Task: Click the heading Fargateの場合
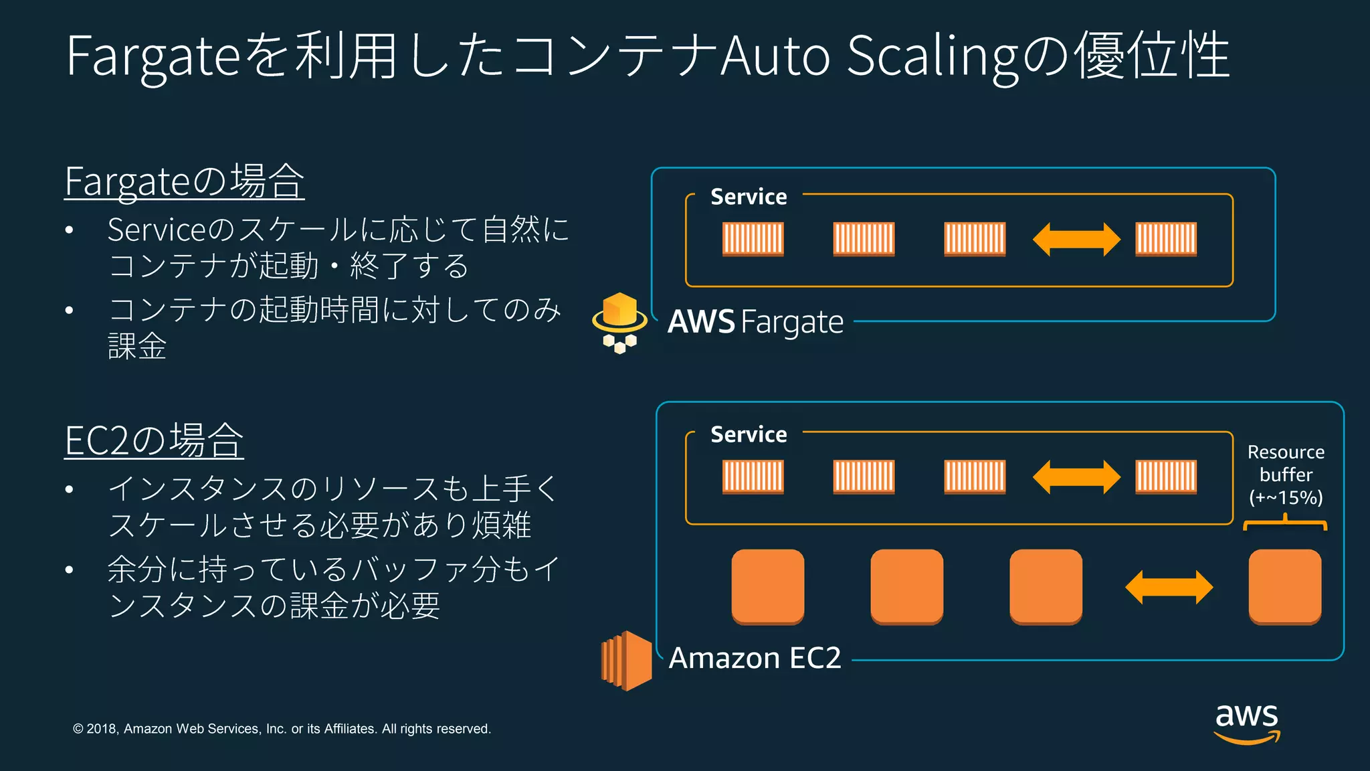click(x=185, y=181)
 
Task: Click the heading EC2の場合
click(x=154, y=440)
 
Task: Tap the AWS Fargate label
click(x=755, y=322)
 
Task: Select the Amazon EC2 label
click(x=755, y=658)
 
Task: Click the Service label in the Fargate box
click(x=749, y=197)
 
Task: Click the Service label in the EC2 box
click(x=749, y=434)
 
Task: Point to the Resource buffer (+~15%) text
click(x=1286, y=475)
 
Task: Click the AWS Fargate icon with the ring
click(x=619, y=322)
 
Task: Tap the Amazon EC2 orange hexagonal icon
click(x=627, y=661)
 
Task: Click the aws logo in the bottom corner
click(x=1247, y=723)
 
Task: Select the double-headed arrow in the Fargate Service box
click(x=1076, y=240)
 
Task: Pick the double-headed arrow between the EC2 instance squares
click(x=1169, y=588)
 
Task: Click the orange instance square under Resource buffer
click(x=1284, y=587)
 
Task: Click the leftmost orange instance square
click(x=768, y=587)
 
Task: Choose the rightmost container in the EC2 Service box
click(x=1166, y=477)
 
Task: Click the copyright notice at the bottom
click(x=282, y=729)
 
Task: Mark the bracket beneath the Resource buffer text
click(x=1284, y=523)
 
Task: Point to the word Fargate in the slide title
click(x=153, y=56)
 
